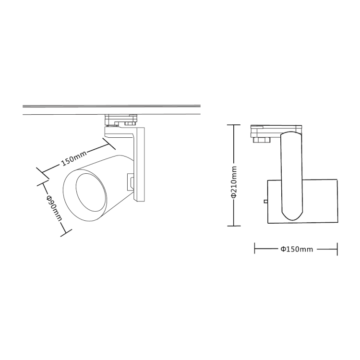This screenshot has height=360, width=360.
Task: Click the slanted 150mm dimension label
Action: pyautogui.click(x=74, y=158)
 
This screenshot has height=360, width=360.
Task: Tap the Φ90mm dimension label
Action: pyautogui.click(x=54, y=208)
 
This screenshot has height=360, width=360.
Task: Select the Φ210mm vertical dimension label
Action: pyautogui.click(x=234, y=181)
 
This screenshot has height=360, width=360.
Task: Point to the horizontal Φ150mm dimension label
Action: pyautogui.click(x=297, y=249)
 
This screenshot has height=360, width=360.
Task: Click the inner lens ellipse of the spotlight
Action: pyautogui.click(x=91, y=192)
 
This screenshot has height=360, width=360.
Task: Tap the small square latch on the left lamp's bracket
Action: pyautogui.click(x=131, y=182)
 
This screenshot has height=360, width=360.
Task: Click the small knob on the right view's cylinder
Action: pyautogui.click(x=265, y=201)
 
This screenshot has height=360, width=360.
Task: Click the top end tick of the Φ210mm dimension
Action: pyautogui.click(x=234, y=125)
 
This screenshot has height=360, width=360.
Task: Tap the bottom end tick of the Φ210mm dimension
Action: pyautogui.click(x=234, y=226)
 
